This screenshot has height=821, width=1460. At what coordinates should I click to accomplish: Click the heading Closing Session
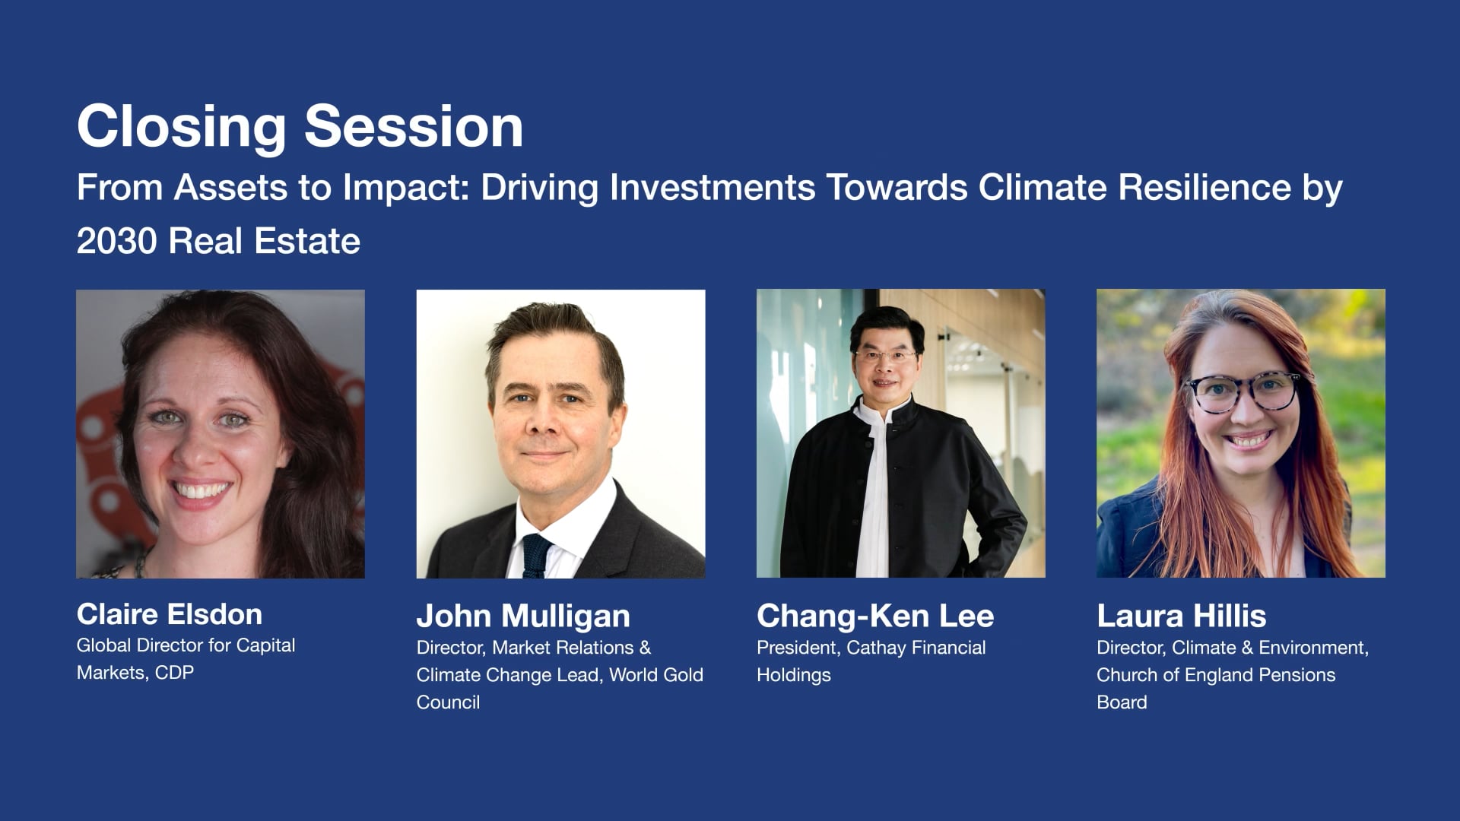[300, 126]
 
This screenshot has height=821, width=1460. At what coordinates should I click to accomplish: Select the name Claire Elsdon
[169, 614]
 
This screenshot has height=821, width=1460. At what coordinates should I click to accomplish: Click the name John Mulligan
[523, 616]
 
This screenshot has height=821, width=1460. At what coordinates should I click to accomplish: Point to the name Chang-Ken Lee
[874, 616]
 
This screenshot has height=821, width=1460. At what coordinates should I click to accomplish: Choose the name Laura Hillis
[1181, 616]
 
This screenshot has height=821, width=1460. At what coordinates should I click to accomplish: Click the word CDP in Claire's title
[174, 673]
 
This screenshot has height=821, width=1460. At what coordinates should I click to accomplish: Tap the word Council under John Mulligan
[448, 702]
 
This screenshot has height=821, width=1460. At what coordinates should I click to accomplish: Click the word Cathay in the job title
[876, 648]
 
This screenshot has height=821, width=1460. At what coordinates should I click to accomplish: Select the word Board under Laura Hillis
[1122, 702]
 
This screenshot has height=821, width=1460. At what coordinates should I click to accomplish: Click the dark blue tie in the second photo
[535, 556]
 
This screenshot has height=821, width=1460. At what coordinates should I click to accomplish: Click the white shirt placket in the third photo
[874, 502]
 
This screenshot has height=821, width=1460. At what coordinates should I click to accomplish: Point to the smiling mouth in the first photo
[200, 491]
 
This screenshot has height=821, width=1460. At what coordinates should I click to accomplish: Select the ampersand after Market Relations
[645, 648]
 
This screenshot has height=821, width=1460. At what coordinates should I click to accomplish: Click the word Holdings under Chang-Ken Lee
[793, 675]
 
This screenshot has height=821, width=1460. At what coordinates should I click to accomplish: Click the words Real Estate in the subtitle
[264, 242]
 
